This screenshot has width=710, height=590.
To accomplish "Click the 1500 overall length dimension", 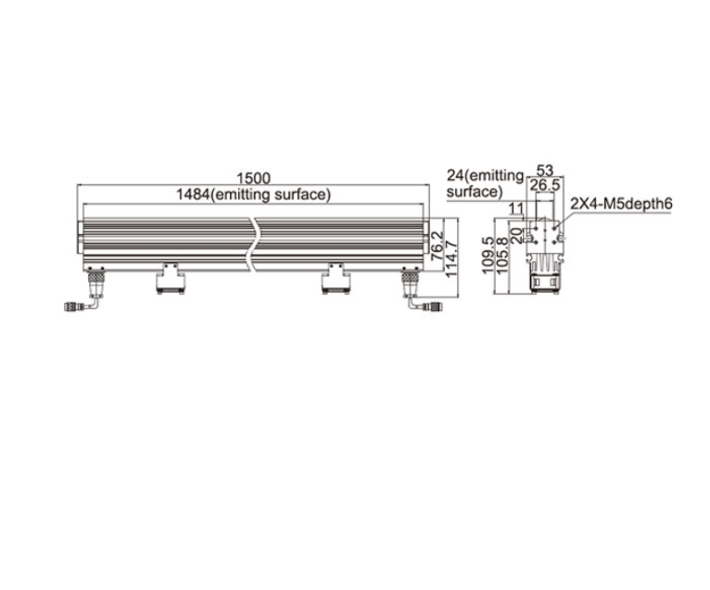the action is [253, 178].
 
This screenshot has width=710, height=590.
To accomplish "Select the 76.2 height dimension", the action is [437, 245].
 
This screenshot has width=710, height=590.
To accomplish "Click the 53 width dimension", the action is [545, 170].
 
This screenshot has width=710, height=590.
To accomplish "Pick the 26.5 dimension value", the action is [545, 185].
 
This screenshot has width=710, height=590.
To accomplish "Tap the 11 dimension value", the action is [515, 209].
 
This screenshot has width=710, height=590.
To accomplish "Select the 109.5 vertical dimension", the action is [488, 256].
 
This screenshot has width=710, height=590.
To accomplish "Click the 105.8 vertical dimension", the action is [502, 256].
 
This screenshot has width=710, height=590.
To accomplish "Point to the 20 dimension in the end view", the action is [516, 236].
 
